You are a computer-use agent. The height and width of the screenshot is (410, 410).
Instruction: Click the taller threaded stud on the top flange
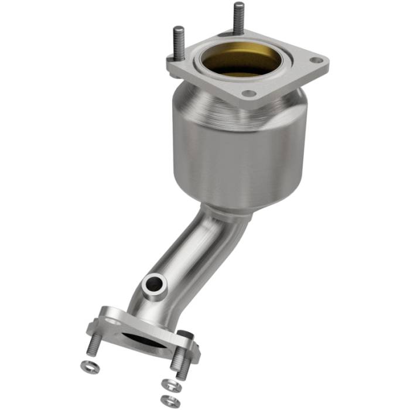click(x=239, y=19)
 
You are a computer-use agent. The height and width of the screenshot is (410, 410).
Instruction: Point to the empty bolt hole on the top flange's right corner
click(x=317, y=60)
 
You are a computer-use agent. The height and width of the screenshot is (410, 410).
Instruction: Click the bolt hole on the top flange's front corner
click(x=250, y=93)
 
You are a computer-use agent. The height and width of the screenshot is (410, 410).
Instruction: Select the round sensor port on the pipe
click(x=155, y=284)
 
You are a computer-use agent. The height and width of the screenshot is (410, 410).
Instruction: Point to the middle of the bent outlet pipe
click(x=193, y=258)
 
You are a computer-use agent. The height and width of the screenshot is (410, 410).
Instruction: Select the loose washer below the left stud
click(x=86, y=366)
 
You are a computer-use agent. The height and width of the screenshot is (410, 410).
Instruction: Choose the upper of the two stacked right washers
click(x=169, y=385)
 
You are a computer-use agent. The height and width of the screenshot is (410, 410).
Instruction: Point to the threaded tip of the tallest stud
click(x=239, y=7)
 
